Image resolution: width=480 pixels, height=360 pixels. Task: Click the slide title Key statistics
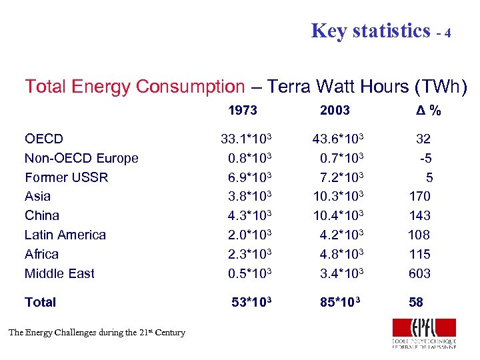tap(371, 31)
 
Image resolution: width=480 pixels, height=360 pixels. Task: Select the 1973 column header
tap(243, 110)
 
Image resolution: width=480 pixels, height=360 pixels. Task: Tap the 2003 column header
tap(335, 110)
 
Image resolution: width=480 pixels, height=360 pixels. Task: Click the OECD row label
tap(44, 139)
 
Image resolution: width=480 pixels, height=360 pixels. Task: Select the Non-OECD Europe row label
tap(81, 158)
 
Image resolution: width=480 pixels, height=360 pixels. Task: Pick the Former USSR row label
tap(66, 177)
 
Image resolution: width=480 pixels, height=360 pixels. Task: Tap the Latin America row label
tap(65, 235)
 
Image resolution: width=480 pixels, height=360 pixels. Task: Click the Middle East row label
tap(59, 273)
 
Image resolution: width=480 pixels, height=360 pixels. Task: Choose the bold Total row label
tap(40, 302)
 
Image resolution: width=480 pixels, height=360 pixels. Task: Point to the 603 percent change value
tap(419, 273)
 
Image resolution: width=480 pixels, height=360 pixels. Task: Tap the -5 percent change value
tap(424, 158)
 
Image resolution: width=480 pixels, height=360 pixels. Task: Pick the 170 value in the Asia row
tap(419, 196)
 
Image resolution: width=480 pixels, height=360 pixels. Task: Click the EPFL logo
tap(424, 333)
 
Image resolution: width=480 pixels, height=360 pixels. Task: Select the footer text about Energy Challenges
tap(97, 332)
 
